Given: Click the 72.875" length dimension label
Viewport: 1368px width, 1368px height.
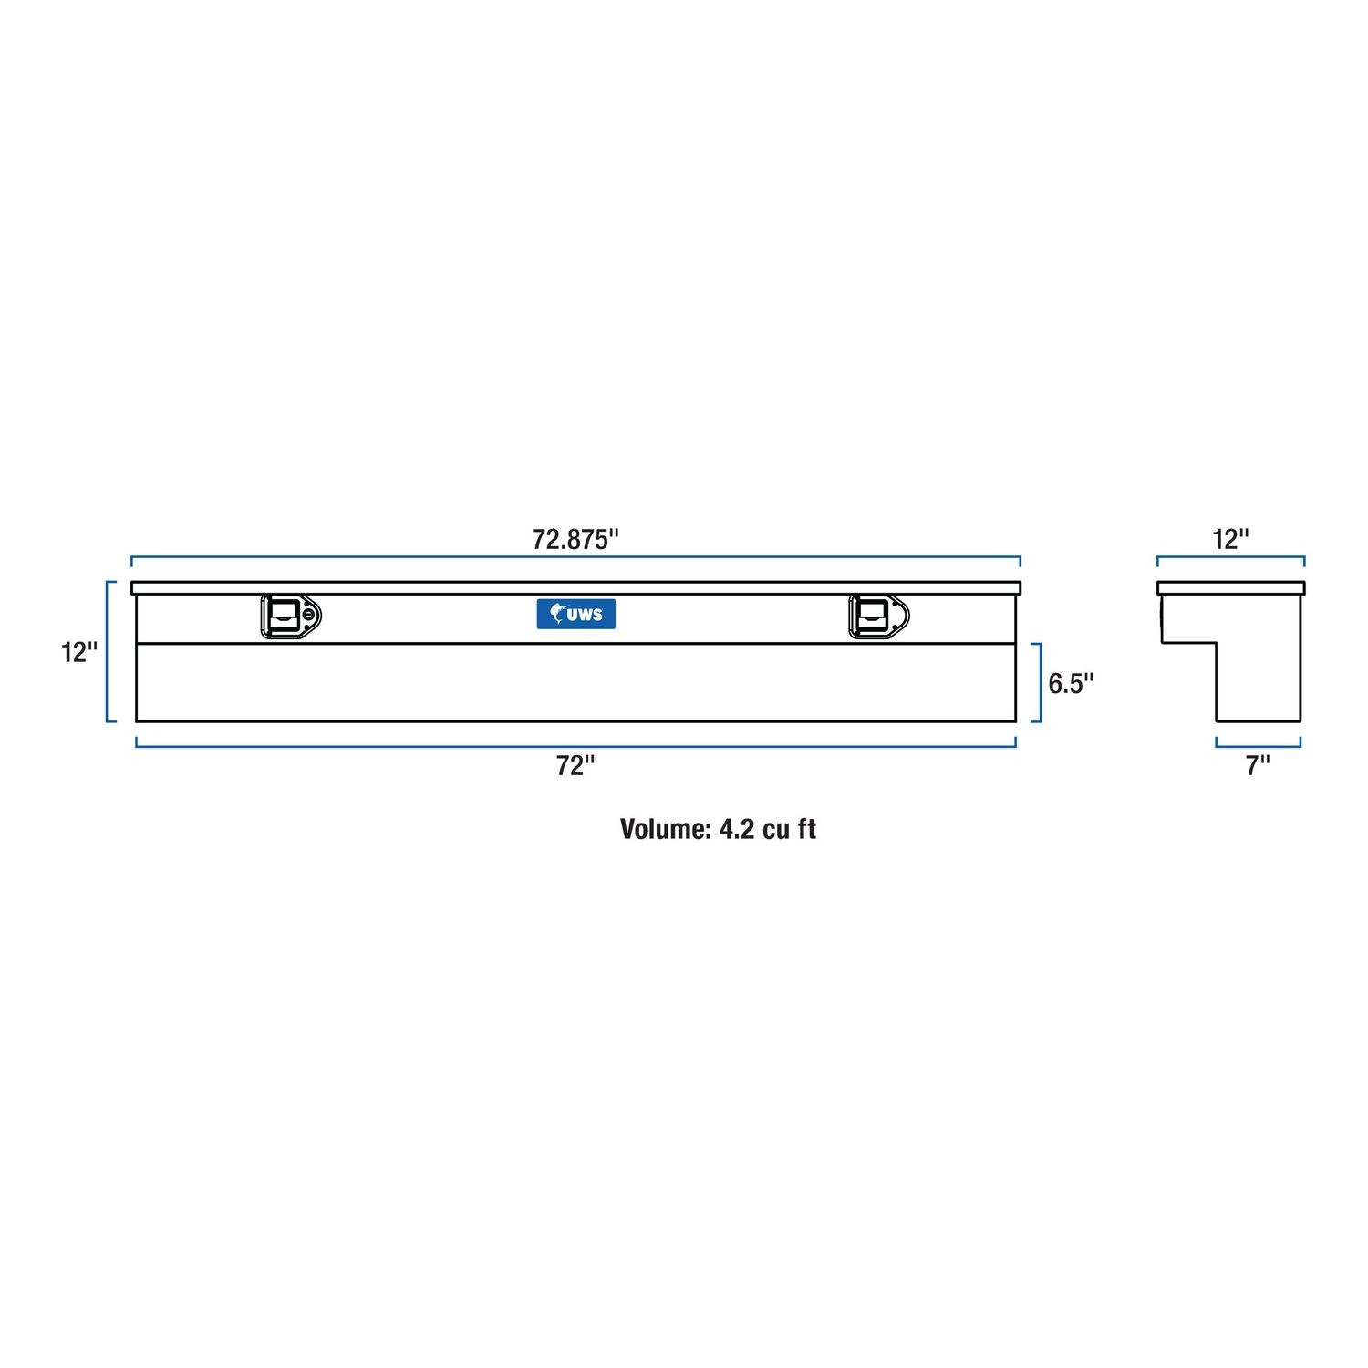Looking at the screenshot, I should (575, 539).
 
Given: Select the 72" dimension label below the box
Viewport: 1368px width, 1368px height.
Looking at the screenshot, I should (575, 766).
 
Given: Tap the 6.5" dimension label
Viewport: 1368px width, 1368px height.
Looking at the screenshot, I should (1071, 683).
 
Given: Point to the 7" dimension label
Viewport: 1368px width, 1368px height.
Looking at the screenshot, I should (1258, 766).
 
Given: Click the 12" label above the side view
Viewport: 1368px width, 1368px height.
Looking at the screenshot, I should (1230, 539).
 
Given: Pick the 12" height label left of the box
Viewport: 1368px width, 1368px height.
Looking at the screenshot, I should (79, 652).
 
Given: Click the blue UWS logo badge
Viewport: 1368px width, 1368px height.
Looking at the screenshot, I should (575, 614).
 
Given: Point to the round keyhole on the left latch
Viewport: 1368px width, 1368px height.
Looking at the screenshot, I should (312, 617).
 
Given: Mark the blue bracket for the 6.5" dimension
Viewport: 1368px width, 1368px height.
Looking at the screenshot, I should (1039, 682).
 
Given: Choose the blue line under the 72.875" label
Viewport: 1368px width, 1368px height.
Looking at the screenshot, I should (575, 557).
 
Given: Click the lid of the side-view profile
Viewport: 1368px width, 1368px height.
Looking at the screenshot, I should (1230, 587).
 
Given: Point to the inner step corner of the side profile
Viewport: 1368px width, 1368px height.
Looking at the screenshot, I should (1217, 643).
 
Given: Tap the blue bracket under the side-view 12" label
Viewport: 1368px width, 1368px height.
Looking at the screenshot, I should (1230, 557).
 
